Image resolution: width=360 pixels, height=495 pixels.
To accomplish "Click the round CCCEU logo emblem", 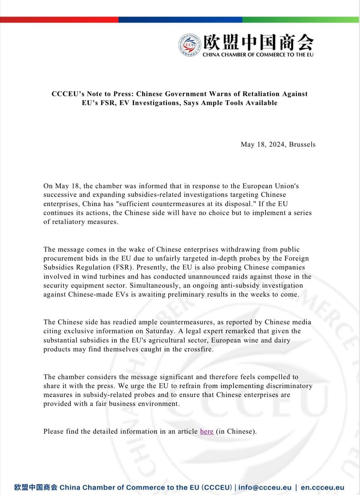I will click(x=190, y=45).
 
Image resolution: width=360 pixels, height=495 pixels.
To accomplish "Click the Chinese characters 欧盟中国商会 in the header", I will click(x=258, y=42).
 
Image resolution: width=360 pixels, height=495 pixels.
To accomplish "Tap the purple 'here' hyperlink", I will click(x=206, y=431).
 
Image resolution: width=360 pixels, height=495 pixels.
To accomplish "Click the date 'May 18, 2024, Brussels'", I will click(x=278, y=145).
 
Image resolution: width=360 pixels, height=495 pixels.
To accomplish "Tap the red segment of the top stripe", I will click(x=59, y=20).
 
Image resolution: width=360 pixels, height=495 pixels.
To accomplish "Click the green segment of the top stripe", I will click(x=300, y=20).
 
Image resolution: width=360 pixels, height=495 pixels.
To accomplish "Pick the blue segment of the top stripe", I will click(x=180, y=20).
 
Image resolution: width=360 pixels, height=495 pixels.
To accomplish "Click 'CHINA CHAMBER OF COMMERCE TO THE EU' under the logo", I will click(x=258, y=55).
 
